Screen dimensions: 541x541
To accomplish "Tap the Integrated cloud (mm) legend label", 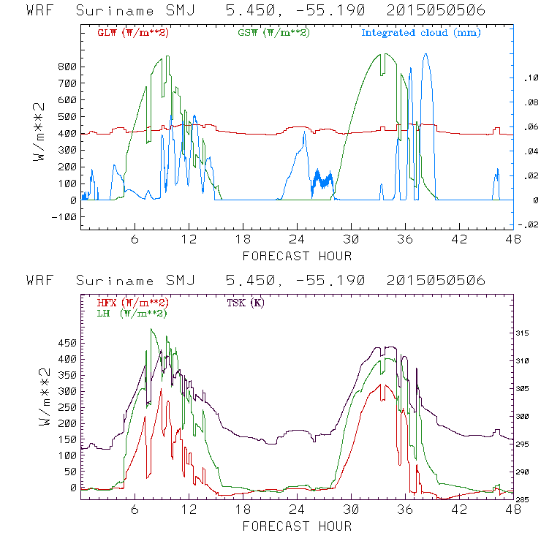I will [421, 33].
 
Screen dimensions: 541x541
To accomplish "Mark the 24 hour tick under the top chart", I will [297, 239].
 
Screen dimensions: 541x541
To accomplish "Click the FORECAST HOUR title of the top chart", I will [297, 256].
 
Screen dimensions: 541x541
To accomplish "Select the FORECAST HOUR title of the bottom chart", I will [297, 526].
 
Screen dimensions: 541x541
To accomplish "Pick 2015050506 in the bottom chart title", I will [436, 281].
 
